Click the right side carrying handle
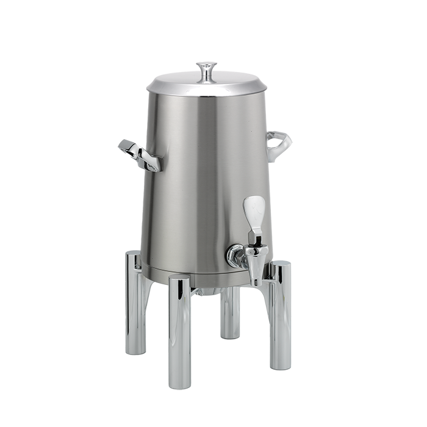pos(281,143)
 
